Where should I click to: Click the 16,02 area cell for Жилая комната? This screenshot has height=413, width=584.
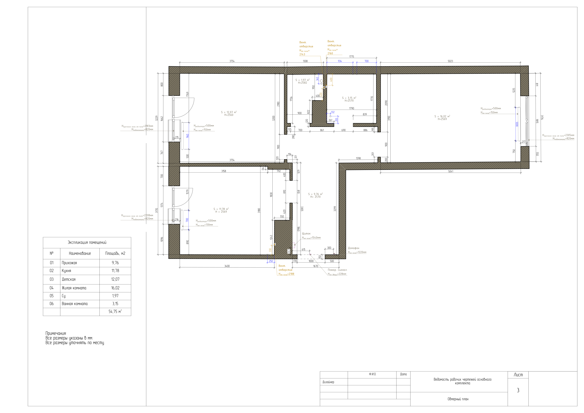[115, 288]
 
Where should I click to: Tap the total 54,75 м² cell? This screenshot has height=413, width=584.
[115, 312]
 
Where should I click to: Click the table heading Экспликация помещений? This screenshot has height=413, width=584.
[87, 242]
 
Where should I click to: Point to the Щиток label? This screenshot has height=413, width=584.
[306, 233]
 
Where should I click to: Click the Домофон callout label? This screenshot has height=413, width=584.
[354, 248]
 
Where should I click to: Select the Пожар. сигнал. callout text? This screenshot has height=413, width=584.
[337, 270]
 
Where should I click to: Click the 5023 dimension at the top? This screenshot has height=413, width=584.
[450, 61]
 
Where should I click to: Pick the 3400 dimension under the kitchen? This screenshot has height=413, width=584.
[227, 266]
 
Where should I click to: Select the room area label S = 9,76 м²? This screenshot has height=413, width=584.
[315, 194]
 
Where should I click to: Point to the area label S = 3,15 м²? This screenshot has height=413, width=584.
[349, 98]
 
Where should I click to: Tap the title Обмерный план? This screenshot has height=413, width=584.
[458, 399]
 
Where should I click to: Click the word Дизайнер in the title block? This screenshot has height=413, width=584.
[328, 382]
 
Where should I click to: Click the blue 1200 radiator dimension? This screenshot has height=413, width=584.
[517, 124]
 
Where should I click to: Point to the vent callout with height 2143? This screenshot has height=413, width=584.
[306, 48]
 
